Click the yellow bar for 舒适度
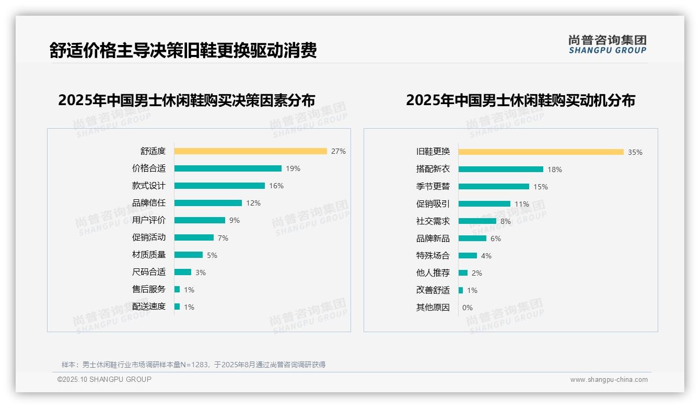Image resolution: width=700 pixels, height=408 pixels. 250,151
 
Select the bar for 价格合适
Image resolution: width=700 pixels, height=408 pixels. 228,168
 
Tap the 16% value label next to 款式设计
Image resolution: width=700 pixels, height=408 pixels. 276,186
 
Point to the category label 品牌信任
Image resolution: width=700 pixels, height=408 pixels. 149,203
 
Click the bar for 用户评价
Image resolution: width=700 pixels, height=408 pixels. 200,220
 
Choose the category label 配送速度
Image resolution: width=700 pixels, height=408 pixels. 149,307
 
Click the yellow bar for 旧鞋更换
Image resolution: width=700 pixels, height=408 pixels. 541,152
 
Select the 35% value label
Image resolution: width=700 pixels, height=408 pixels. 635,152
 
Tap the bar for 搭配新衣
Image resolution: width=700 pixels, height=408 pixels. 500,169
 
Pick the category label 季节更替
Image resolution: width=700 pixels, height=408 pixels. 433,186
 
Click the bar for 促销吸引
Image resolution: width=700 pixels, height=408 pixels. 484,204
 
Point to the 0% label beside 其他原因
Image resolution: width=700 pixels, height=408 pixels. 468,308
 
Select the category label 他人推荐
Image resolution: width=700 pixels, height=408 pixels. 433,273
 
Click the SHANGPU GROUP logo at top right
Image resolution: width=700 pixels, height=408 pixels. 608,44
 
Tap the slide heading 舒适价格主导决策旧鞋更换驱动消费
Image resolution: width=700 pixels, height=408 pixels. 183,50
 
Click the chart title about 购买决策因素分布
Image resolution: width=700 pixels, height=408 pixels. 186,100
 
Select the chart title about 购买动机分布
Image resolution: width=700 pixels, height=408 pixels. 520,100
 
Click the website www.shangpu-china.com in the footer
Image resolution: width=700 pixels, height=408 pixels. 609,380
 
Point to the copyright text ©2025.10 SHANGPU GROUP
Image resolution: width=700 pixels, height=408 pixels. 104,379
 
